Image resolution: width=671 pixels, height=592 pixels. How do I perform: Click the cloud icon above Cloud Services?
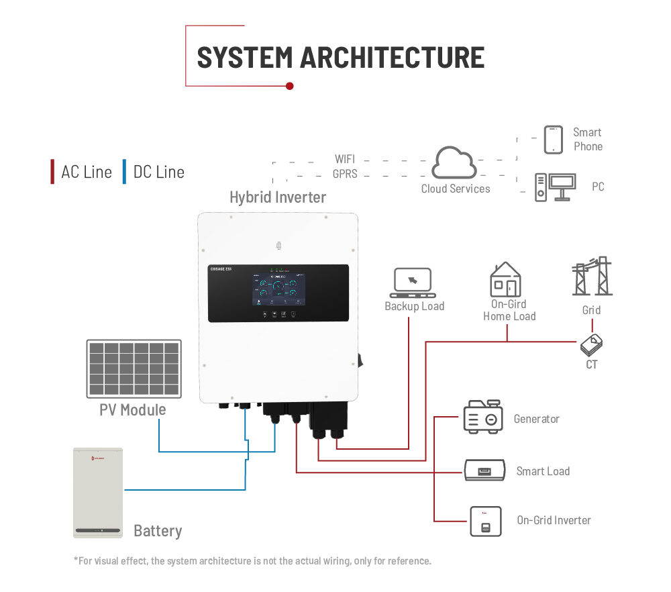[454, 163]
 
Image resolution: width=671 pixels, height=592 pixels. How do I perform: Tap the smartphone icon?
[553, 140]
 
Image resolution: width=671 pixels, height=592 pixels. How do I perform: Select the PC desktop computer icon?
[555, 187]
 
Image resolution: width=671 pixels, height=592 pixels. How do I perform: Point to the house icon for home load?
[506, 279]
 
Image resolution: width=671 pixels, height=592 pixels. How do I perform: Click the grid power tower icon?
[592, 277]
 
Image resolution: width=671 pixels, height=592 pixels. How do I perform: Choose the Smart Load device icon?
[485, 470]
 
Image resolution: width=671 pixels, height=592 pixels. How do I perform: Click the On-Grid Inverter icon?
[485, 520]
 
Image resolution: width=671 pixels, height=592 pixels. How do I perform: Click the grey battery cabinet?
[98, 493]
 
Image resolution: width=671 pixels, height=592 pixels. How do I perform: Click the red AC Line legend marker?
[53, 172]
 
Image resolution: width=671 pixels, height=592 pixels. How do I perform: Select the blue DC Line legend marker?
[124, 172]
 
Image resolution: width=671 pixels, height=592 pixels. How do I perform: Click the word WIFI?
[345, 160]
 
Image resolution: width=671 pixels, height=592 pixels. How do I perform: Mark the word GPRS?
[345, 175]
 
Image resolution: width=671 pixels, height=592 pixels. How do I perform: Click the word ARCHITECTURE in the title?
[392, 58]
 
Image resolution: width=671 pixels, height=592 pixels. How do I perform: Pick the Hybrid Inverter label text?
[278, 197]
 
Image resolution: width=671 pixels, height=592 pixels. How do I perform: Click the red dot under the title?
[290, 86]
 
